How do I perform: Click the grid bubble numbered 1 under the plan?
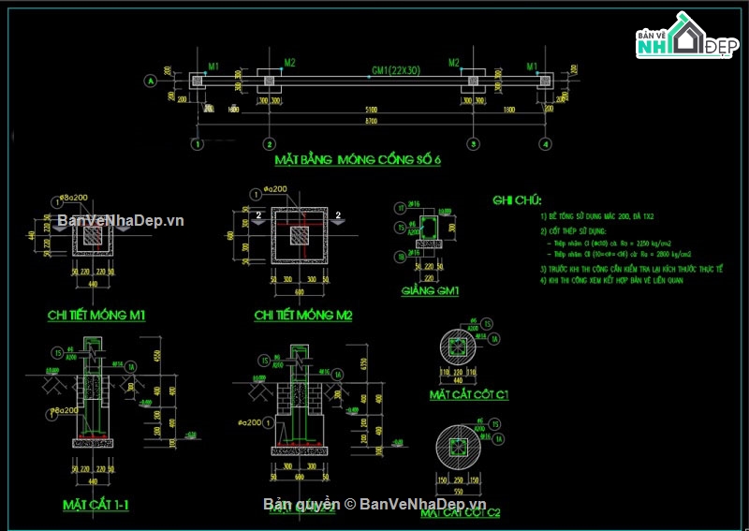197,144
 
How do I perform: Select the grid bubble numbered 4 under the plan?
544,144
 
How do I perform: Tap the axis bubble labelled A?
150,82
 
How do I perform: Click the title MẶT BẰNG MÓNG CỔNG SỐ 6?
357,159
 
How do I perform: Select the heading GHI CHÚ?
517,199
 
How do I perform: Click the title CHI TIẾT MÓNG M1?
95,316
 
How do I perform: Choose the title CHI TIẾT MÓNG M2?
302,316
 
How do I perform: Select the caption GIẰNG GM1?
430,291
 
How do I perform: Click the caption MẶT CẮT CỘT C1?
469,394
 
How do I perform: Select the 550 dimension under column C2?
458,492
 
